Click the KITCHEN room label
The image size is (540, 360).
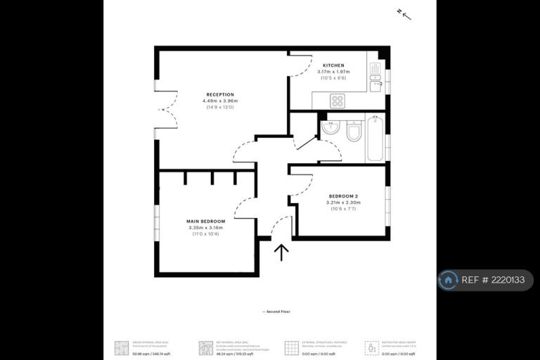333,65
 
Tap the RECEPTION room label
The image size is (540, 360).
220,94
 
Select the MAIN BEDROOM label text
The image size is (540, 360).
206,221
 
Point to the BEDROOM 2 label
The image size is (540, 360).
343,195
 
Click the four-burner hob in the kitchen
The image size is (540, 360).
337,101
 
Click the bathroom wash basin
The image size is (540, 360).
330,128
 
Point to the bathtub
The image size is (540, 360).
375,138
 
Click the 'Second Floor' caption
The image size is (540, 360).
276,311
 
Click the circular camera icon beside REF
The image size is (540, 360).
448,280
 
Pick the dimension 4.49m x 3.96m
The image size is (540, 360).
220,101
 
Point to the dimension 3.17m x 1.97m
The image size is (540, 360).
333,72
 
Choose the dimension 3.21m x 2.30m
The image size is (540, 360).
343,202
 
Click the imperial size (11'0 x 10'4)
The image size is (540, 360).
206,233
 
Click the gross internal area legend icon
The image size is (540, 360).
122,347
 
